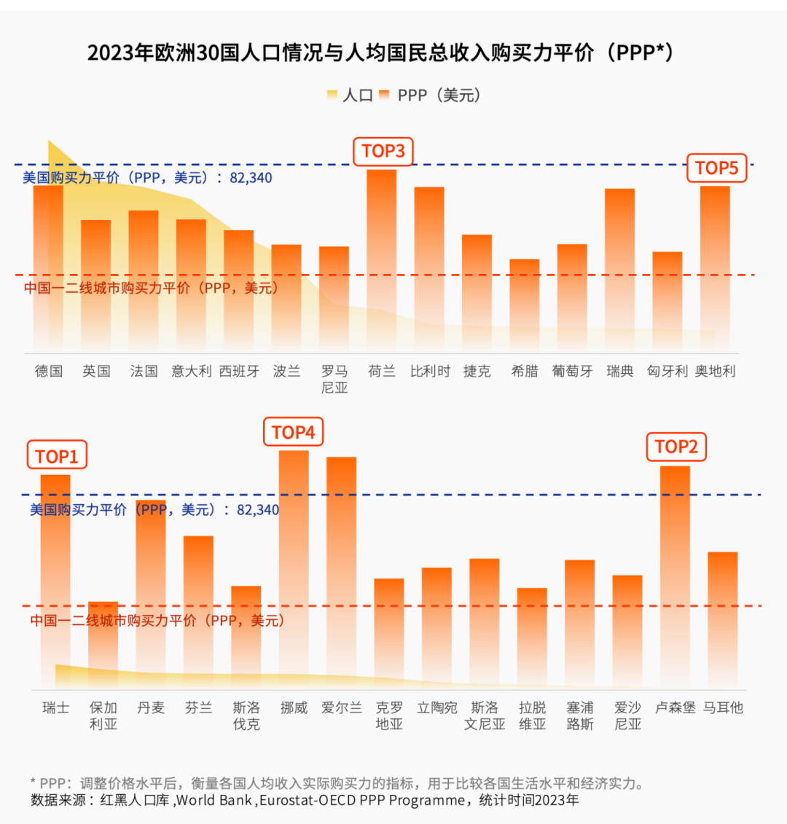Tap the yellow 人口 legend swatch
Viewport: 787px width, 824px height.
point(332,95)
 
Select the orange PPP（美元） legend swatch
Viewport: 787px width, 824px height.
point(385,95)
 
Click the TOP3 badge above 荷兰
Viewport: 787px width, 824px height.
point(383,152)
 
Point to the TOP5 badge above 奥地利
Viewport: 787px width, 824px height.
point(716,168)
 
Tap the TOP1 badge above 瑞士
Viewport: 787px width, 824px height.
point(57,457)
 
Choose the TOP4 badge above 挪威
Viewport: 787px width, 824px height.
point(293,433)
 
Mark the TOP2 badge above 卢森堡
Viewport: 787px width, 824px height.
point(676,447)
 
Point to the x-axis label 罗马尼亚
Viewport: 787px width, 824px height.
point(334,379)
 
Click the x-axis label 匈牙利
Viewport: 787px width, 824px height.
point(667,371)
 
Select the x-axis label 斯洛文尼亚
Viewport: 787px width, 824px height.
point(485,715)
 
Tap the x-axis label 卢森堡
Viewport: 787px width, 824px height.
point(676,707)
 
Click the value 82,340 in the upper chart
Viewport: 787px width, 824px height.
point(251,178)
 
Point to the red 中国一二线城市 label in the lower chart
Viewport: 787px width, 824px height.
point(157,621)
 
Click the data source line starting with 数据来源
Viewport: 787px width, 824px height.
point(305,800)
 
